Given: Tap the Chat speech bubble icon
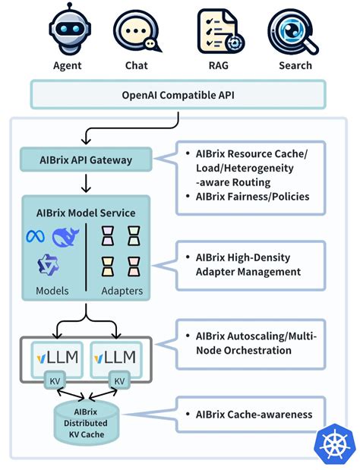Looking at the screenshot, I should (x=137, y=30).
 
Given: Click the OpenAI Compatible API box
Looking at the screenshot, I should (x=178, y=95).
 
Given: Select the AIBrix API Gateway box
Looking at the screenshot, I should (x=86, y=160).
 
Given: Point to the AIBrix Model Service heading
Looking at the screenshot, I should (x=86, y=213).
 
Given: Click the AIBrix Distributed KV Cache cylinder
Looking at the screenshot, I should (x=86, y=423).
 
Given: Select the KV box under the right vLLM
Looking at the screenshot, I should (x=119, y=380).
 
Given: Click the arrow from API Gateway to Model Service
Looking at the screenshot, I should (x=86, y=183).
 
